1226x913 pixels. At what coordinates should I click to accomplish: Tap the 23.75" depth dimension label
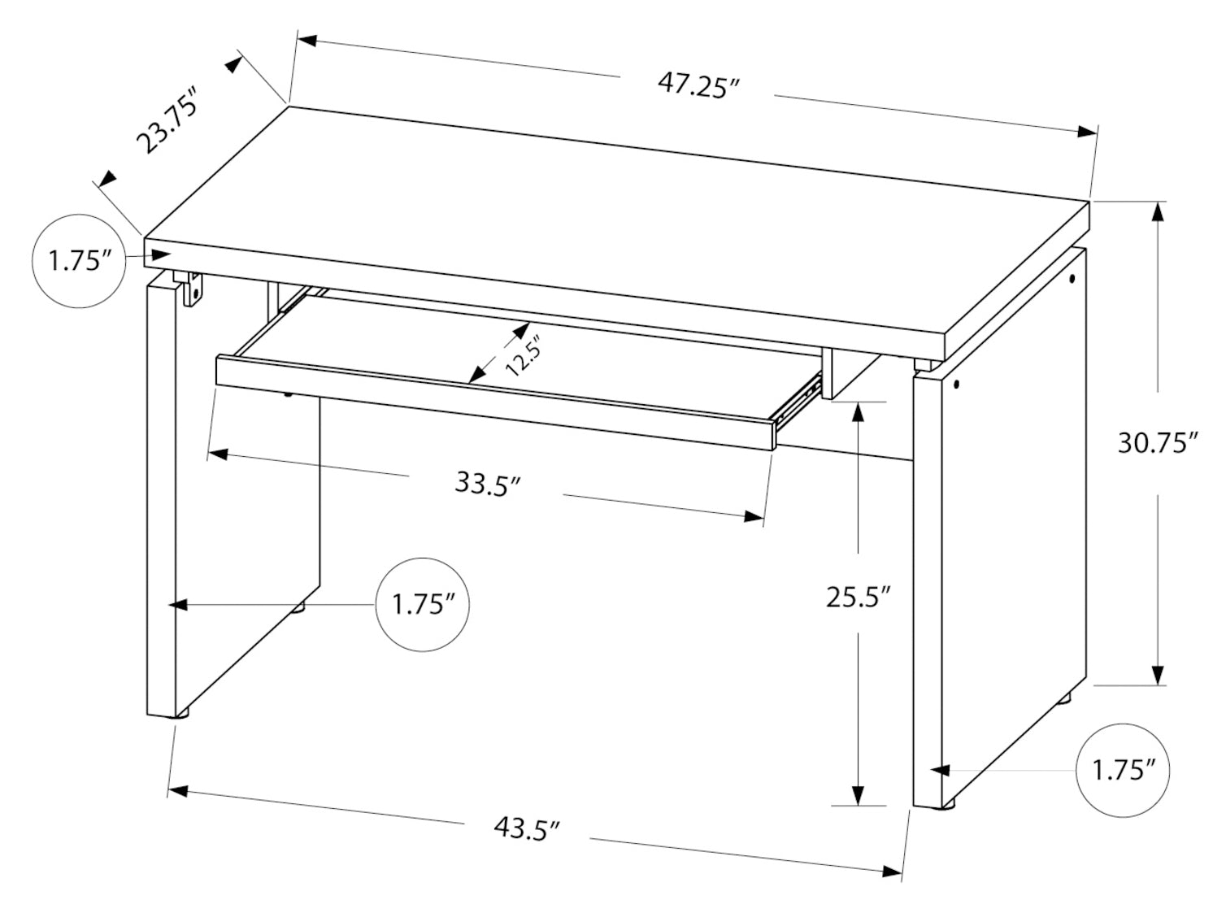tap(167, 119)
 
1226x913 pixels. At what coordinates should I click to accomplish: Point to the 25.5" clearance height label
tap(859, 597)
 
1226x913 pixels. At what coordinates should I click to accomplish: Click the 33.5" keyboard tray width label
tap(488, 483)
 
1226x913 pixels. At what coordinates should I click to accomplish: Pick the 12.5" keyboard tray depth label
tap(520, 356)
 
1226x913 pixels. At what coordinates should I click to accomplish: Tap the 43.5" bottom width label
tap(527, 844)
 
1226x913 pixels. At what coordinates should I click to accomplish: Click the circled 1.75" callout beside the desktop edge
tap(80, 261)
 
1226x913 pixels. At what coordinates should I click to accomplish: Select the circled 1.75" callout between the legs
tap(423, 604)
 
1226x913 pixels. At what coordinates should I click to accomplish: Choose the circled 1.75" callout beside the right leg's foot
tap(1123, 771)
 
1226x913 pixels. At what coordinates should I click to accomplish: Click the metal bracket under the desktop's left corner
tap(189, 287)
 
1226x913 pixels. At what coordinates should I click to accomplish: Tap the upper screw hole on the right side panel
tap(1073, 279)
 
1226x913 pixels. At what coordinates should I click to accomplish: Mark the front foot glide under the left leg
tap(183, 715)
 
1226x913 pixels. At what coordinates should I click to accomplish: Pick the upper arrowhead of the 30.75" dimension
tap(1158, 212)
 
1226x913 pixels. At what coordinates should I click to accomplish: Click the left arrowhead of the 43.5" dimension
tap(177, 791)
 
